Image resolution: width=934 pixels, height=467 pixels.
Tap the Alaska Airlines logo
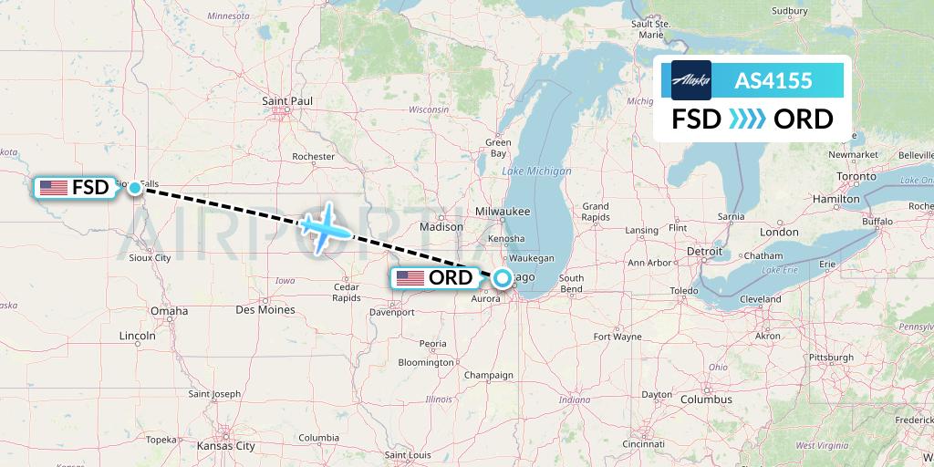[x=690, y=80]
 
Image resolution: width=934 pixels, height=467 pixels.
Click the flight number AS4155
[x=773, y=80]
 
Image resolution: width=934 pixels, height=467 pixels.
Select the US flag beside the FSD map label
[x=54, y=188]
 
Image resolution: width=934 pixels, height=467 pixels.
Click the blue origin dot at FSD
[x=135, y=188]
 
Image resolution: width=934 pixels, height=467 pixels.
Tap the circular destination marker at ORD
[x=502, y=279]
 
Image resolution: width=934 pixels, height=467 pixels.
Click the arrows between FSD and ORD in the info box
[x=747, y=119]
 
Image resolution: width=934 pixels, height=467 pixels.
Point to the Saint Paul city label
[x=287, y=100]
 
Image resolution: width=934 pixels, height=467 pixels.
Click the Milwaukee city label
[x=503, y=211]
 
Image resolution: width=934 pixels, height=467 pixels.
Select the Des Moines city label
[x=265, y=310]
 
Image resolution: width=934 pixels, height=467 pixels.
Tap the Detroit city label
[x=704, y=250]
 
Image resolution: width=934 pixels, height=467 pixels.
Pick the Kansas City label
[x=225, y=446]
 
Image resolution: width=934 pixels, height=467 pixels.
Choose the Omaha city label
[x=169, y=311]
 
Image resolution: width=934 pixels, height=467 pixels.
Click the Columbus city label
[x=706, y=400]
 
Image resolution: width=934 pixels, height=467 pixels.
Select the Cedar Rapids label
[x=347, y=292]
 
